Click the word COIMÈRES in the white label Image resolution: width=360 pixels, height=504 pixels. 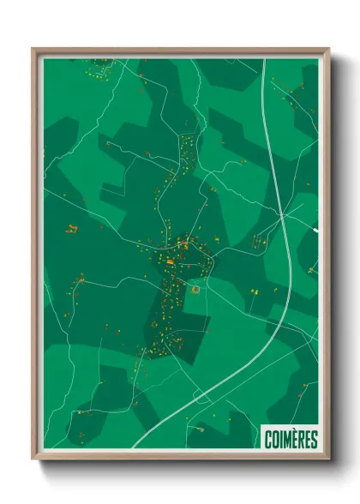[291, 439]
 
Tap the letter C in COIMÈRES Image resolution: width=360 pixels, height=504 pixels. [268, 439]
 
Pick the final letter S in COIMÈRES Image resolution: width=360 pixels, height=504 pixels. [314, 439]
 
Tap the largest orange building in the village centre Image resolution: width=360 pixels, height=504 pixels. [171, 261]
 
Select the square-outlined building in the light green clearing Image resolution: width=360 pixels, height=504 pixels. [196, 290]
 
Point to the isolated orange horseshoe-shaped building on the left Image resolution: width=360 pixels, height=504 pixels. [72, 228]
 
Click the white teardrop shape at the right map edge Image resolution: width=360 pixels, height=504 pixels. [315, 229]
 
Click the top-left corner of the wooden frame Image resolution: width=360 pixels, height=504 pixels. [33, 49]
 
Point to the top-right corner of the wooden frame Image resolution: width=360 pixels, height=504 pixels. [329, 49]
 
